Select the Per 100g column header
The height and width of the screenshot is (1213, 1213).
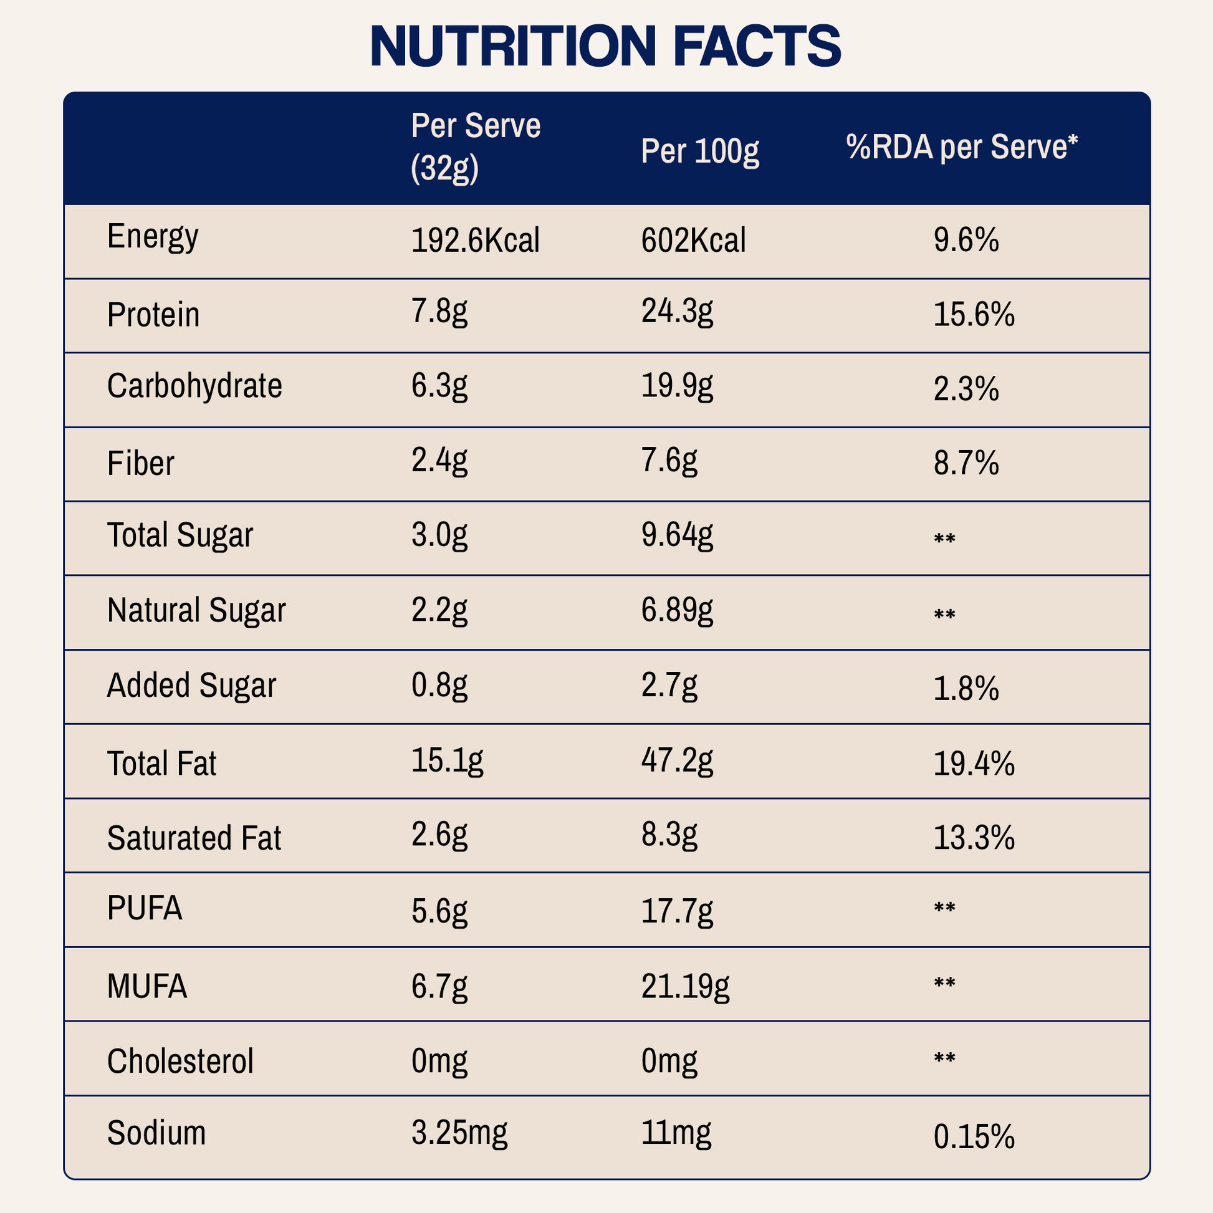699,151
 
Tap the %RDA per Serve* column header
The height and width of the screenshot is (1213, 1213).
961,148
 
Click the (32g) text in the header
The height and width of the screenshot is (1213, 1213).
444,168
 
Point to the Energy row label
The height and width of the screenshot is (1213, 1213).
153,237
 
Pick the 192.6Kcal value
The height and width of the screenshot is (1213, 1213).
475,241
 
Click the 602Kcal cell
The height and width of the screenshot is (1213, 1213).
693,241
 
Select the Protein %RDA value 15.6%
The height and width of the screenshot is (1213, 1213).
974,314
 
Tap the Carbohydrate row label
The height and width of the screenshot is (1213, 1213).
194,386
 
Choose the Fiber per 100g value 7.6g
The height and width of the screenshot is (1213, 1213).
669,461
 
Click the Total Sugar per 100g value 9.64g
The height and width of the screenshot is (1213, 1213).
677,535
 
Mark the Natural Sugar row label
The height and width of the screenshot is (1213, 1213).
196,610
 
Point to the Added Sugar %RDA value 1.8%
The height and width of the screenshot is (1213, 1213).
966,689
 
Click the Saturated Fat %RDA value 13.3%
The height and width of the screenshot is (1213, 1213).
974,838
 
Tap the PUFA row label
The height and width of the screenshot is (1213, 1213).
145,908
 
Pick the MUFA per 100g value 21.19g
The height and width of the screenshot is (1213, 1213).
685,986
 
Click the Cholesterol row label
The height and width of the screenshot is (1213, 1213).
180,1061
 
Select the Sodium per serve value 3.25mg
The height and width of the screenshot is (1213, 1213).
459,1133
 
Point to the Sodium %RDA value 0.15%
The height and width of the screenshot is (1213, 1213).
974,1137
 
